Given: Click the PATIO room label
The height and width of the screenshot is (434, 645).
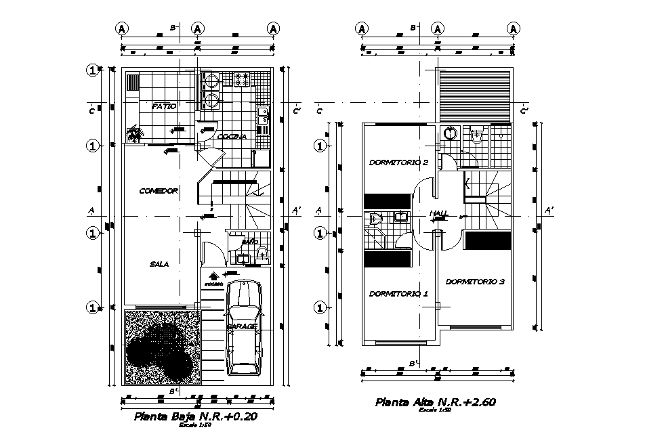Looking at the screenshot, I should click(x=164, y=106).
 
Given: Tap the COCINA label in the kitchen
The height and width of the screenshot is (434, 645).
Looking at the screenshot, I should click(x=232, y=136).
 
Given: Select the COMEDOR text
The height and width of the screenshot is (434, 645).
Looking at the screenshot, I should click(x=158, y=191).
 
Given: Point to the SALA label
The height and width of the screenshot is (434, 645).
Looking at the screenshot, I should click(x=159, y=264).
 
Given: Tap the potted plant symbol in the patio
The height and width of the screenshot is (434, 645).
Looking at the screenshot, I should click(x=136, y=134).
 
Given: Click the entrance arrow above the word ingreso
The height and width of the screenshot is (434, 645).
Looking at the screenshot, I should click(x=213, y=276).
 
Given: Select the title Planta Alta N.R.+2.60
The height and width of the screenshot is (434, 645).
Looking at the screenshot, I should click(x=436, y=402).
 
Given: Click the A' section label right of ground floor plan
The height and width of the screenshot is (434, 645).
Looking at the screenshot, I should click(x=296, y=211).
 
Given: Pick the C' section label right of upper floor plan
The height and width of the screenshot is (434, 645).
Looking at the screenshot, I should click(x=524, y=111).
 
